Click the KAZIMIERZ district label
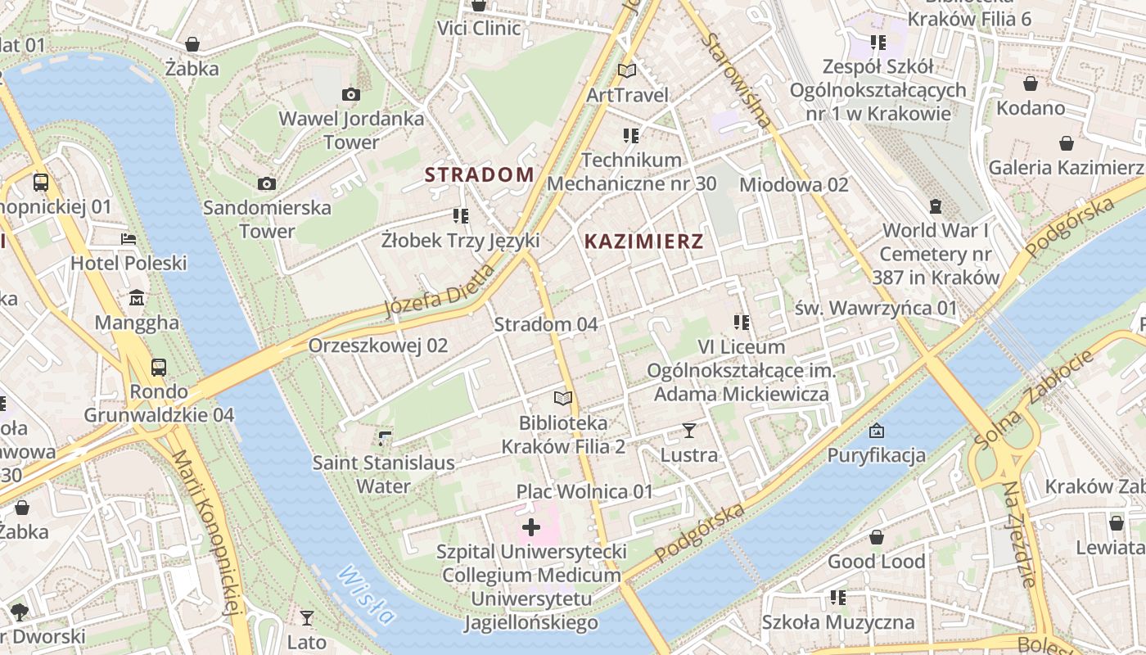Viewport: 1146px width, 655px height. coord(644,242)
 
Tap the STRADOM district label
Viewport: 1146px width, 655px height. coord(479,174)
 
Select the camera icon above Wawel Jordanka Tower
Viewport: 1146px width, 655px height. coord(351,95)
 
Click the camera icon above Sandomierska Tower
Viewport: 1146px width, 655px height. coord(267,184)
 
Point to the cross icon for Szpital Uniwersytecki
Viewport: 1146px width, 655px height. coord(531,527)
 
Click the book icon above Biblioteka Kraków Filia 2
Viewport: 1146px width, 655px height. coord(562,399)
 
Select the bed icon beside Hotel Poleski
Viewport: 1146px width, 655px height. coord(129,239)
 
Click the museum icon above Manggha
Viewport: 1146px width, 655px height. coord(137,298)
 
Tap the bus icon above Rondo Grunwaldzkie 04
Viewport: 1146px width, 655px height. coord(159,368)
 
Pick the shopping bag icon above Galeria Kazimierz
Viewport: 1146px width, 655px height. coord(1067,144)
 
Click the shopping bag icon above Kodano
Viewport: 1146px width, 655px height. coord(1031,84)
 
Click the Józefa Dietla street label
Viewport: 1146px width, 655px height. coord(440,291)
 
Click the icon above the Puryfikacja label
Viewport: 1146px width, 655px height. coord(876,431)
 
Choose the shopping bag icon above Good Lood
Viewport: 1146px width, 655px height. coord(876,538)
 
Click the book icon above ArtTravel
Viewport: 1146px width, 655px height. coord(627,71)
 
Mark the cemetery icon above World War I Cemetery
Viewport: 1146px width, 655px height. coord(936,206)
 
